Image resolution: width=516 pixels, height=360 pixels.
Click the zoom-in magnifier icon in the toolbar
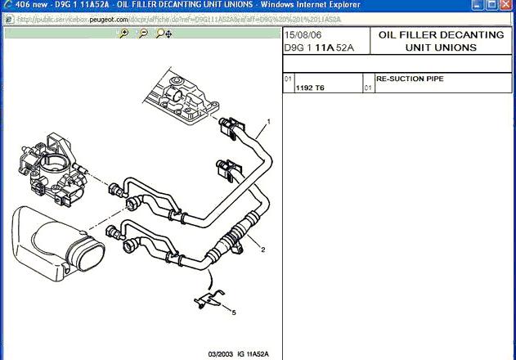[123, 34]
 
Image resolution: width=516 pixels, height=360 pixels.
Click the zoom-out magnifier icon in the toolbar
[143, 34]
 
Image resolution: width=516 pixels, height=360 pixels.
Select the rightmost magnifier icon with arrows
[163, 34]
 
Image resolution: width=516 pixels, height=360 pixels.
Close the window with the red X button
[504, 6]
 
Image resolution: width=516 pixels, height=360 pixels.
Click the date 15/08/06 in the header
[302, 35]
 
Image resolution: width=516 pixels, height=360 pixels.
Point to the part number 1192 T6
[310, 87]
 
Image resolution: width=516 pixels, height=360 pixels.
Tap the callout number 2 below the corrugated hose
[263, 249]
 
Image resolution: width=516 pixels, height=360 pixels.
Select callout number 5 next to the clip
[233, 312]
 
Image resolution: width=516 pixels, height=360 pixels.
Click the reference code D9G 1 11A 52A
[320, 47]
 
